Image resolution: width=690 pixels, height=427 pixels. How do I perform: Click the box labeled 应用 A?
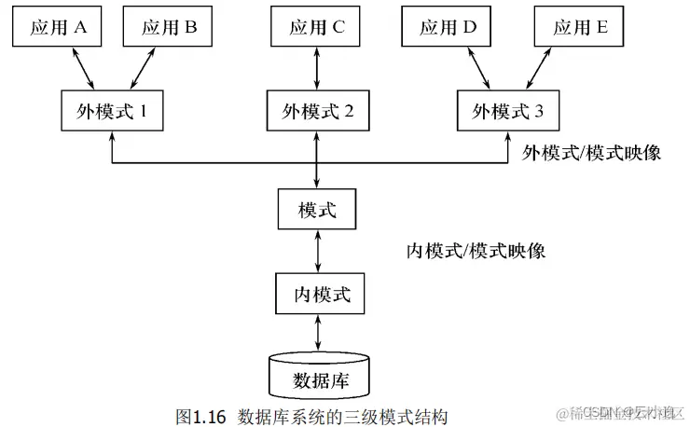58,28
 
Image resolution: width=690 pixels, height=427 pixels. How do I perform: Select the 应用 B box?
169,28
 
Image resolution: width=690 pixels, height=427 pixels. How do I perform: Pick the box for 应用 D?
448,28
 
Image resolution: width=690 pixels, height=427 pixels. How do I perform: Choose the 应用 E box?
578,28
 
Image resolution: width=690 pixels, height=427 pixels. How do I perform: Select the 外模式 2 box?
317,112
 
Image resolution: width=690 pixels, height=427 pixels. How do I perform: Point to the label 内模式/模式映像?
476,251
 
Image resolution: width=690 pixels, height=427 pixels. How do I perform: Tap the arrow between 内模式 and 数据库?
317,334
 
